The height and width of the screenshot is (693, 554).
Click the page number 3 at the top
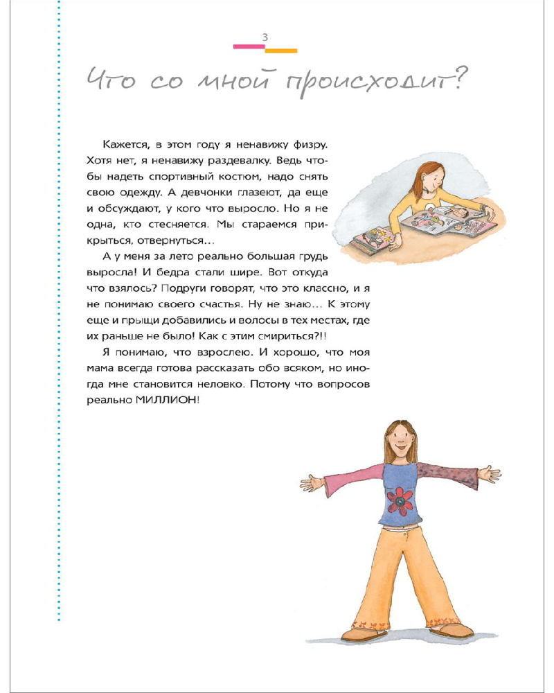[x=266, y=37]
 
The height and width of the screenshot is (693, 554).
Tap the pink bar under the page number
[x=249, y=46]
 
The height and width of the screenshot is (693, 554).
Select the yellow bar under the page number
[x=282, y=51]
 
